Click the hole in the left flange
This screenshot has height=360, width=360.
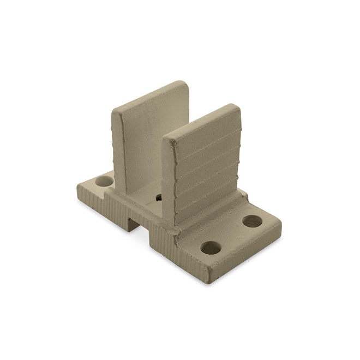pyautogui.click(x=104, y=180)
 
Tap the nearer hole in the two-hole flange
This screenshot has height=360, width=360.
pyautogui.click(x=211, y=248)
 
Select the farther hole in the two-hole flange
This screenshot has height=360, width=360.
pyautogui.click(x=252, y=221)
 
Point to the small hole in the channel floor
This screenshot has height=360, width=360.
pyautogui.click(x=159, y=197)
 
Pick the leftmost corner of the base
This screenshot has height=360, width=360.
pyautogui.click(x=78, y=187)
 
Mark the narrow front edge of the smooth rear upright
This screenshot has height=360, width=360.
pyautogui.click(x=119, y=147)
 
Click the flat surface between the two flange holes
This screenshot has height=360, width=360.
pyautogui.click(x=232, y=235)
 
